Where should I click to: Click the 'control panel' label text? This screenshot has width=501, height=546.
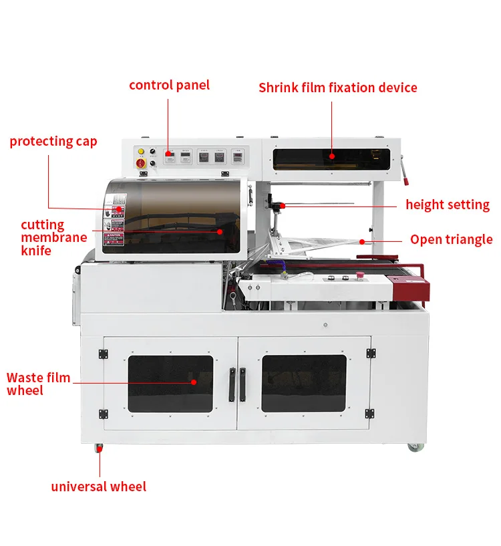(x=169, y=85)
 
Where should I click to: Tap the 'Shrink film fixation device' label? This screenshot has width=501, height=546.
(x=337, y=88)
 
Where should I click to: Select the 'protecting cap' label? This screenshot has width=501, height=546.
(x=53, y=141)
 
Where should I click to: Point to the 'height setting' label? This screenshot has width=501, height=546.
(x=448, y=204)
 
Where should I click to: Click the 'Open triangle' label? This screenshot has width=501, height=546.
(x=451, y=239)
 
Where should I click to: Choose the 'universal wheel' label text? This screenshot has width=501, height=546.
(x=98, y=487)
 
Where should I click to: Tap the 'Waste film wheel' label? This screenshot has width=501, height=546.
(x=38, y=384)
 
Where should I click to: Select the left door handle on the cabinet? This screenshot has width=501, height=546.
(x=231, y=384)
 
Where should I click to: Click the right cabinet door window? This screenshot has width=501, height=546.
(x=304, y=383)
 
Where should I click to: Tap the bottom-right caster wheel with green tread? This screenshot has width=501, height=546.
(x=413, y=446)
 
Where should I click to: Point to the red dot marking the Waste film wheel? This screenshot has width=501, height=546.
(x=194, y=382)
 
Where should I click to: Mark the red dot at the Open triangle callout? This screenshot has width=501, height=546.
(x=362, y=241)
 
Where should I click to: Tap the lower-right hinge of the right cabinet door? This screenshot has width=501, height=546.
(x=371, y=413)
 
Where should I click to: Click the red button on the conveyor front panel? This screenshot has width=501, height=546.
(x=360, y=275)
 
